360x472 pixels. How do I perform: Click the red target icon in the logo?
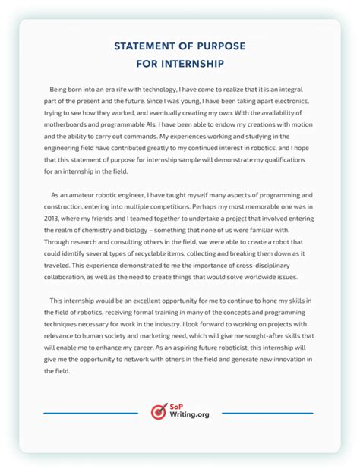pyautogui.click(x=159, y=411)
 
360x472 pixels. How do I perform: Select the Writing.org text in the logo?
pyautogui.click(x=189, y=416)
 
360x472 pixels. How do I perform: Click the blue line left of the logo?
pyautogui.click(x=90, y=414)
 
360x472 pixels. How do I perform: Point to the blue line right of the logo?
pyautogui.click(x=267, y=414)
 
